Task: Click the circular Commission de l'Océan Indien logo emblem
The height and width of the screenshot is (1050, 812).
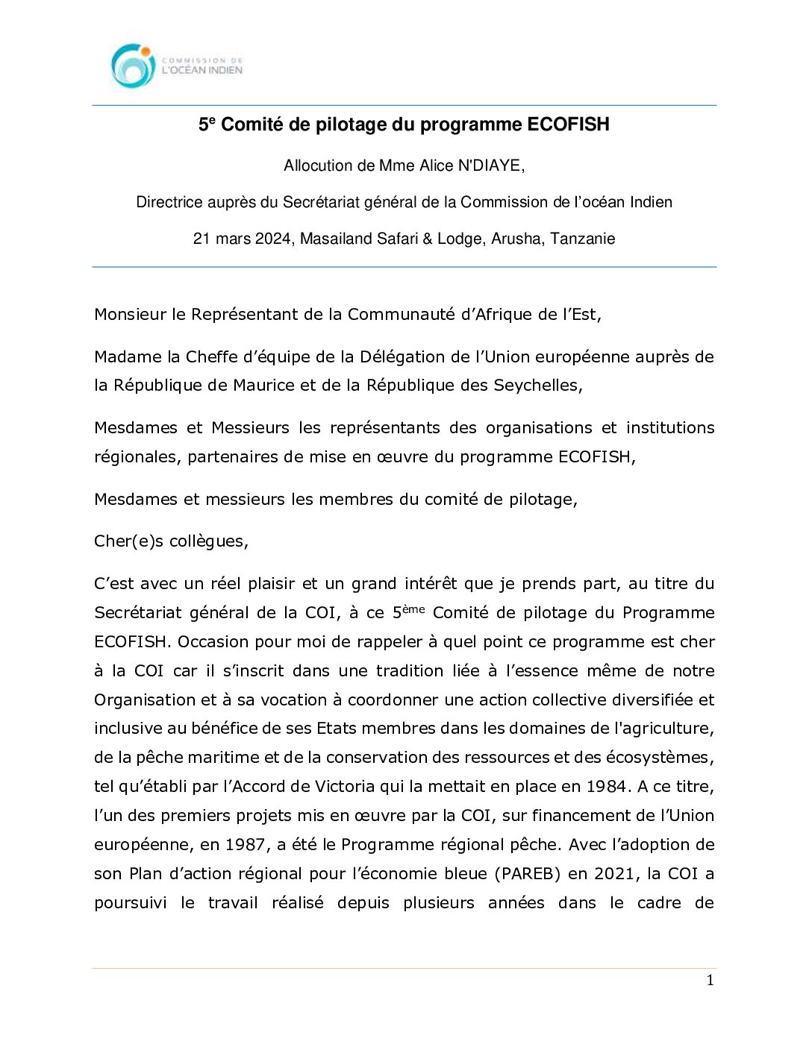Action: pyautogui.click(x=133, y=66)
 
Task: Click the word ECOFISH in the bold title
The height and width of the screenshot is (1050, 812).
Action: pyautogui.click(x=568, y=125)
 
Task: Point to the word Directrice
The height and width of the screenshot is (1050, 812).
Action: pyautogui.click(x=169, y=202)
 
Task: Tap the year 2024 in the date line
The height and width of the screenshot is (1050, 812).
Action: pyautogui.click(x=273, y=239)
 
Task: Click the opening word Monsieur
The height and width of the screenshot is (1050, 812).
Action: pyautogui.click(x=130, y=314)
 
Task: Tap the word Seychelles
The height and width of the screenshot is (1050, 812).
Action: pyautogui.click(x=537, y=385)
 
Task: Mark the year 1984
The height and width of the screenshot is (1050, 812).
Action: pyautogui.click(x=606, y=786)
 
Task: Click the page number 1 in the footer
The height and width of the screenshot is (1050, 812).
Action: pyautogui.click(x=710, y=980)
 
